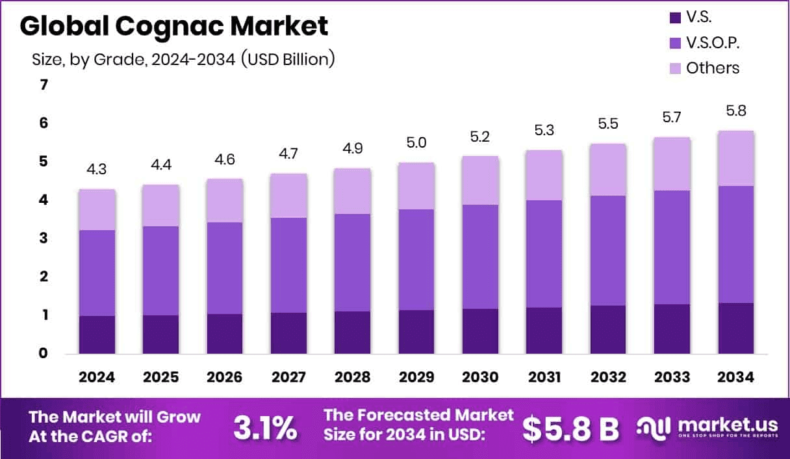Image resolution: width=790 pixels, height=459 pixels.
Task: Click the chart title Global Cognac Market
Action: (173, 27)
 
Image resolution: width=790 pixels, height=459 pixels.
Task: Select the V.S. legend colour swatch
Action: (674, 18)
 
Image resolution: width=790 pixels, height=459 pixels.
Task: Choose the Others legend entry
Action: (713, 68)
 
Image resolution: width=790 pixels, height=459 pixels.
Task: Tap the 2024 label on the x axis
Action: (97, 378)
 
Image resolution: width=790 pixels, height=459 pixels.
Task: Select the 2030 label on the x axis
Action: (480, 378)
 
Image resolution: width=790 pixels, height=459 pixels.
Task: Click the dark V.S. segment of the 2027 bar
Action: (288, 333)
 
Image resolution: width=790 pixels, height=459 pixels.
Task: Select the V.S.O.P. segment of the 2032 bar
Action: (608, 250)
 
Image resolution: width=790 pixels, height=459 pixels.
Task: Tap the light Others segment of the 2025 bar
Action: (160, 205)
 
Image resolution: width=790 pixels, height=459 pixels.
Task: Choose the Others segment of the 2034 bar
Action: (736, 158)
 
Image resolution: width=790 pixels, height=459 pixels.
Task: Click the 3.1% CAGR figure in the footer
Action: (265, 428)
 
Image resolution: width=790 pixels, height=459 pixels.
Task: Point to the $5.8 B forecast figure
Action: (571, 428)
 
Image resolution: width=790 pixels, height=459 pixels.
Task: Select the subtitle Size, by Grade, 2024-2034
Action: (183, 59)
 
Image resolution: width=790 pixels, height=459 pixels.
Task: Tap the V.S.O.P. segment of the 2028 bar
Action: (352, 262)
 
